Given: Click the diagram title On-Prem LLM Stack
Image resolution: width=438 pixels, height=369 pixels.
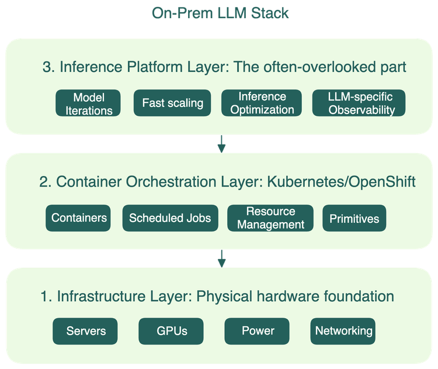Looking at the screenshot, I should (x=220, y=13).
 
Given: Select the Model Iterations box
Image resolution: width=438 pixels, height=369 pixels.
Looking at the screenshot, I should (x=89, y=104).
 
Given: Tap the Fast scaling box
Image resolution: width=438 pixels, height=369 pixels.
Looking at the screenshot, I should (x=173, y=104).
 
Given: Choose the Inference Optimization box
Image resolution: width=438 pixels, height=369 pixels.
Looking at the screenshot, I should (x=262, y=104).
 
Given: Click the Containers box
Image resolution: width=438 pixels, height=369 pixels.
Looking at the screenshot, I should (x=79, y=218).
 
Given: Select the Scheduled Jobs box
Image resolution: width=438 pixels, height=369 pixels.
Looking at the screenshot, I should (x=170, y=219).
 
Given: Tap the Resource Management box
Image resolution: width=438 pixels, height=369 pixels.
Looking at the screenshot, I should (x=270, y=218).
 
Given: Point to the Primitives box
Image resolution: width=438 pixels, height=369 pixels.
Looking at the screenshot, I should (x=354, y=219).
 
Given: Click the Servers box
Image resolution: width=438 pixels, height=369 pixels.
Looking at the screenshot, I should (x=86, y=331).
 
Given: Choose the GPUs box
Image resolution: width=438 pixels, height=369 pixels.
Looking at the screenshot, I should (x=172, y=331).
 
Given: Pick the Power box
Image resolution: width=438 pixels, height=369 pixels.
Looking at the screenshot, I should (x=258, y=331).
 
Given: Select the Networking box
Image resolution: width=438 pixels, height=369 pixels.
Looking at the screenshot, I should (x=343, y=331).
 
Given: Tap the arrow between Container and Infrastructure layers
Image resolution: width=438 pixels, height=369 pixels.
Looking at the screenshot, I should (x=221, y=258).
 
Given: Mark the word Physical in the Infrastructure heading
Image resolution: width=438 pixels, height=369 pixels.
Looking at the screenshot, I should (x=227, y=297).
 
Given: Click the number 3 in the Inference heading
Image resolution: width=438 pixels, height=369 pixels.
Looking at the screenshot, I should (x=47, y=67).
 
